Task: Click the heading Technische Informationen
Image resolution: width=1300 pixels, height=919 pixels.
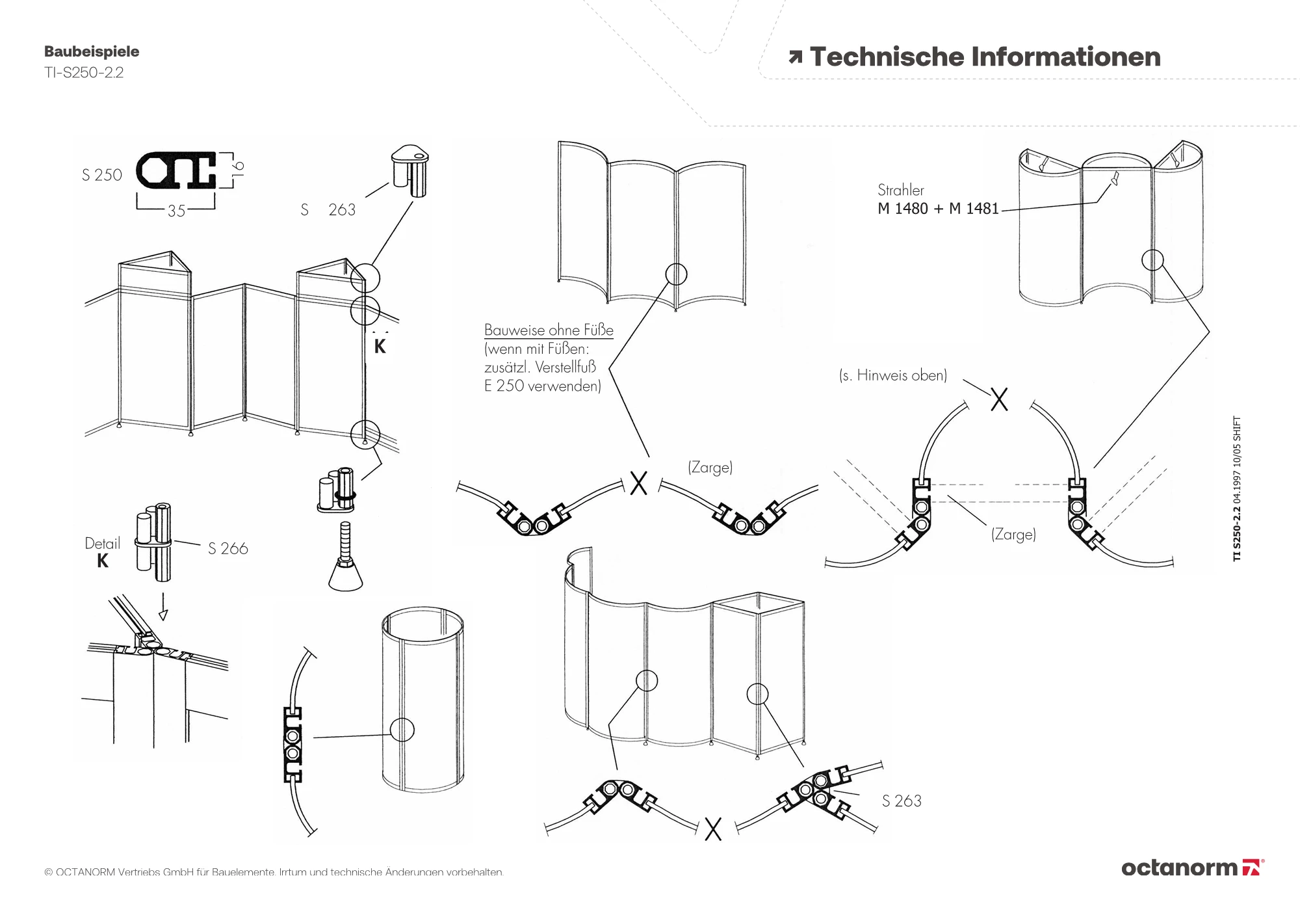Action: pyautogui.click(x=985, y=57)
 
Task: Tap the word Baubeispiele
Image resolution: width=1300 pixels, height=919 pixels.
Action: pyautogui.click(x=92, y=51)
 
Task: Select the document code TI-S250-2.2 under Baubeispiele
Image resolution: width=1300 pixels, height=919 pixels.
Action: pyautogui.click(x=84, y=72)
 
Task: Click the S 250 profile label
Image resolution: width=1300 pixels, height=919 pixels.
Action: pyautogui.click(x=102, y=175)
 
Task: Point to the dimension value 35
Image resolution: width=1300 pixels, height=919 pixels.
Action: pyautogui.click(x=176, y=211)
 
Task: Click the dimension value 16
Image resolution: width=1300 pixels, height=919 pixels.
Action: pyautogui.click(x=238, y=168)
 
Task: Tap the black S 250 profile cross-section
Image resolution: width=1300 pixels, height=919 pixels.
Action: pyautogui.click(x=175, y=170)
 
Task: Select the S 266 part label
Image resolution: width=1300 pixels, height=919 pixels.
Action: pyautogui.click(x=227, y=548)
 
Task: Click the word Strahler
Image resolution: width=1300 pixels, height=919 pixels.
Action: pyautogui.click(x=900, y=190)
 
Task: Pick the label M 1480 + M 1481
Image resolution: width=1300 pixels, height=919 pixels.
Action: pyautogui.click(x=938, y=209)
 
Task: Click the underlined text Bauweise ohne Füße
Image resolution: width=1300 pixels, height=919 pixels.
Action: pyautogui.click(x=549, y=330)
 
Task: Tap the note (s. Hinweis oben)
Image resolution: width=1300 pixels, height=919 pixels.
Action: pyautogui.click(x=893, y=375)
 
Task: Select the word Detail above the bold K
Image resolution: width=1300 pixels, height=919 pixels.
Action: pyautogui.click(x=103, y=543)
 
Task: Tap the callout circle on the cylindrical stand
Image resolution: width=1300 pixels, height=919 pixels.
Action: pyautogui.click(x=402, y=730)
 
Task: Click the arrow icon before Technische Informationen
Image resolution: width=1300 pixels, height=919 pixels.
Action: pyautogui.click(x=795, y=58)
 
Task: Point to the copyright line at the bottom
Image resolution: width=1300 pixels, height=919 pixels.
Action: pyautogui.click(x=274, y=872)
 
